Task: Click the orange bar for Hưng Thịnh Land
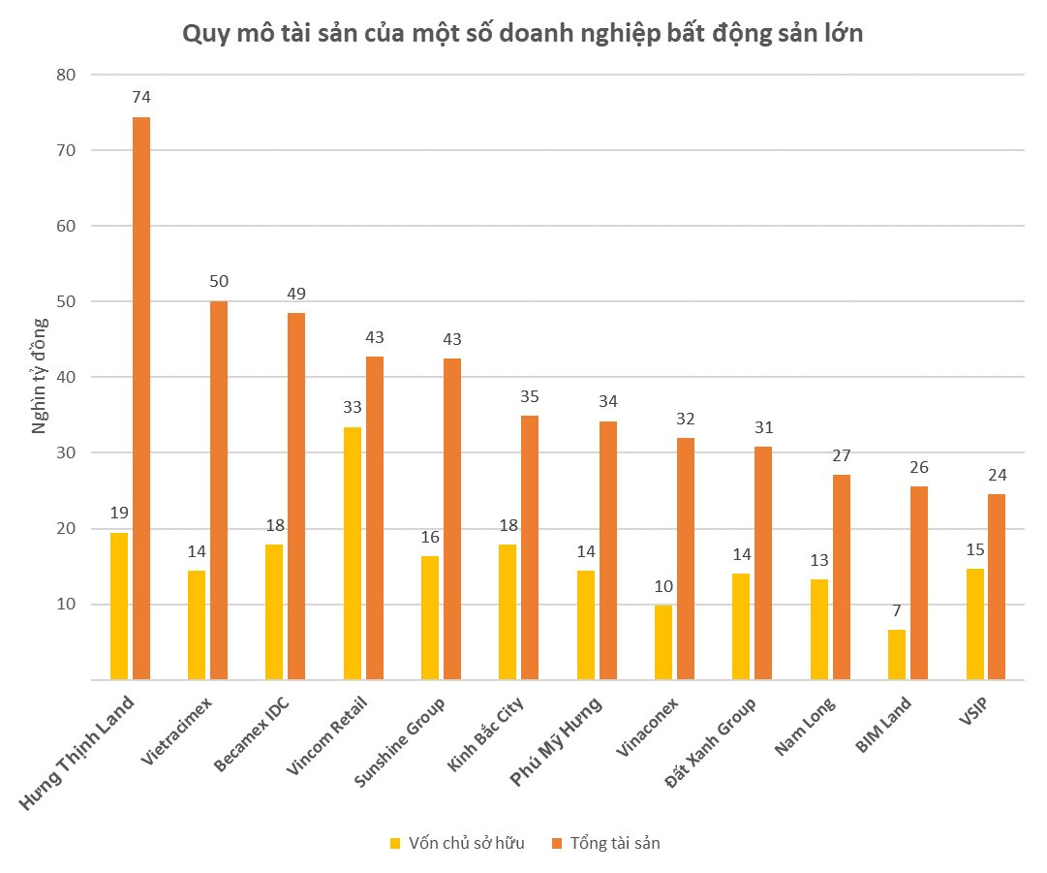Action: (141, 399)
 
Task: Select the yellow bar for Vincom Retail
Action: (352, 553)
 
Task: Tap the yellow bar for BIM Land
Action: (897, 655)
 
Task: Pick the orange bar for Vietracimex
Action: (219, 490)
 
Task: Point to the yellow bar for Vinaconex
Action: (663, 642)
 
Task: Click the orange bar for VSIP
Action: (997, 587)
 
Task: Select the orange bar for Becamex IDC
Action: (296, 496)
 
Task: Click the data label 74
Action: (141, 98)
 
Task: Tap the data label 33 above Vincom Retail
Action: (352, 408)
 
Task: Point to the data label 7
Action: (897, 610)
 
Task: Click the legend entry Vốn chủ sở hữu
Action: (458, 843)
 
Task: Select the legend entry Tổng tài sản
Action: (606, 843)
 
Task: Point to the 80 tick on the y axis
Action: (66, 75)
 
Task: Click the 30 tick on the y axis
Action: (66, 452)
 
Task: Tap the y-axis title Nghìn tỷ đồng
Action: (40, 376)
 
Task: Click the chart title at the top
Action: (523, 33)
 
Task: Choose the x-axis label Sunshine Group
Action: (399, 742)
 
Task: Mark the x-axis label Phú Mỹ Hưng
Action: (556, 741)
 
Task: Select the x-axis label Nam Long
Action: (805, 726)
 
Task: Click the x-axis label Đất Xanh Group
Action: (711, 743)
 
